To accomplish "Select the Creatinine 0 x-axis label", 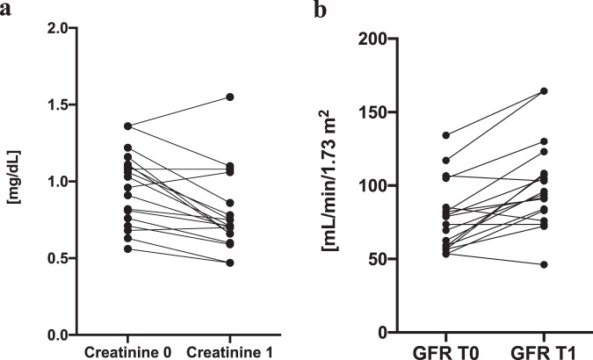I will [127, 351].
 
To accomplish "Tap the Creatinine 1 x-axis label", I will [229, 351].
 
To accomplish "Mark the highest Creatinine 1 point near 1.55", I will [229, 97].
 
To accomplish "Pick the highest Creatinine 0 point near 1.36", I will [128, 126].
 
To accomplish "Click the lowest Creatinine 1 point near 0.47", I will [229, 263].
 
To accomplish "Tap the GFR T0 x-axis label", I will [446, 351].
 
